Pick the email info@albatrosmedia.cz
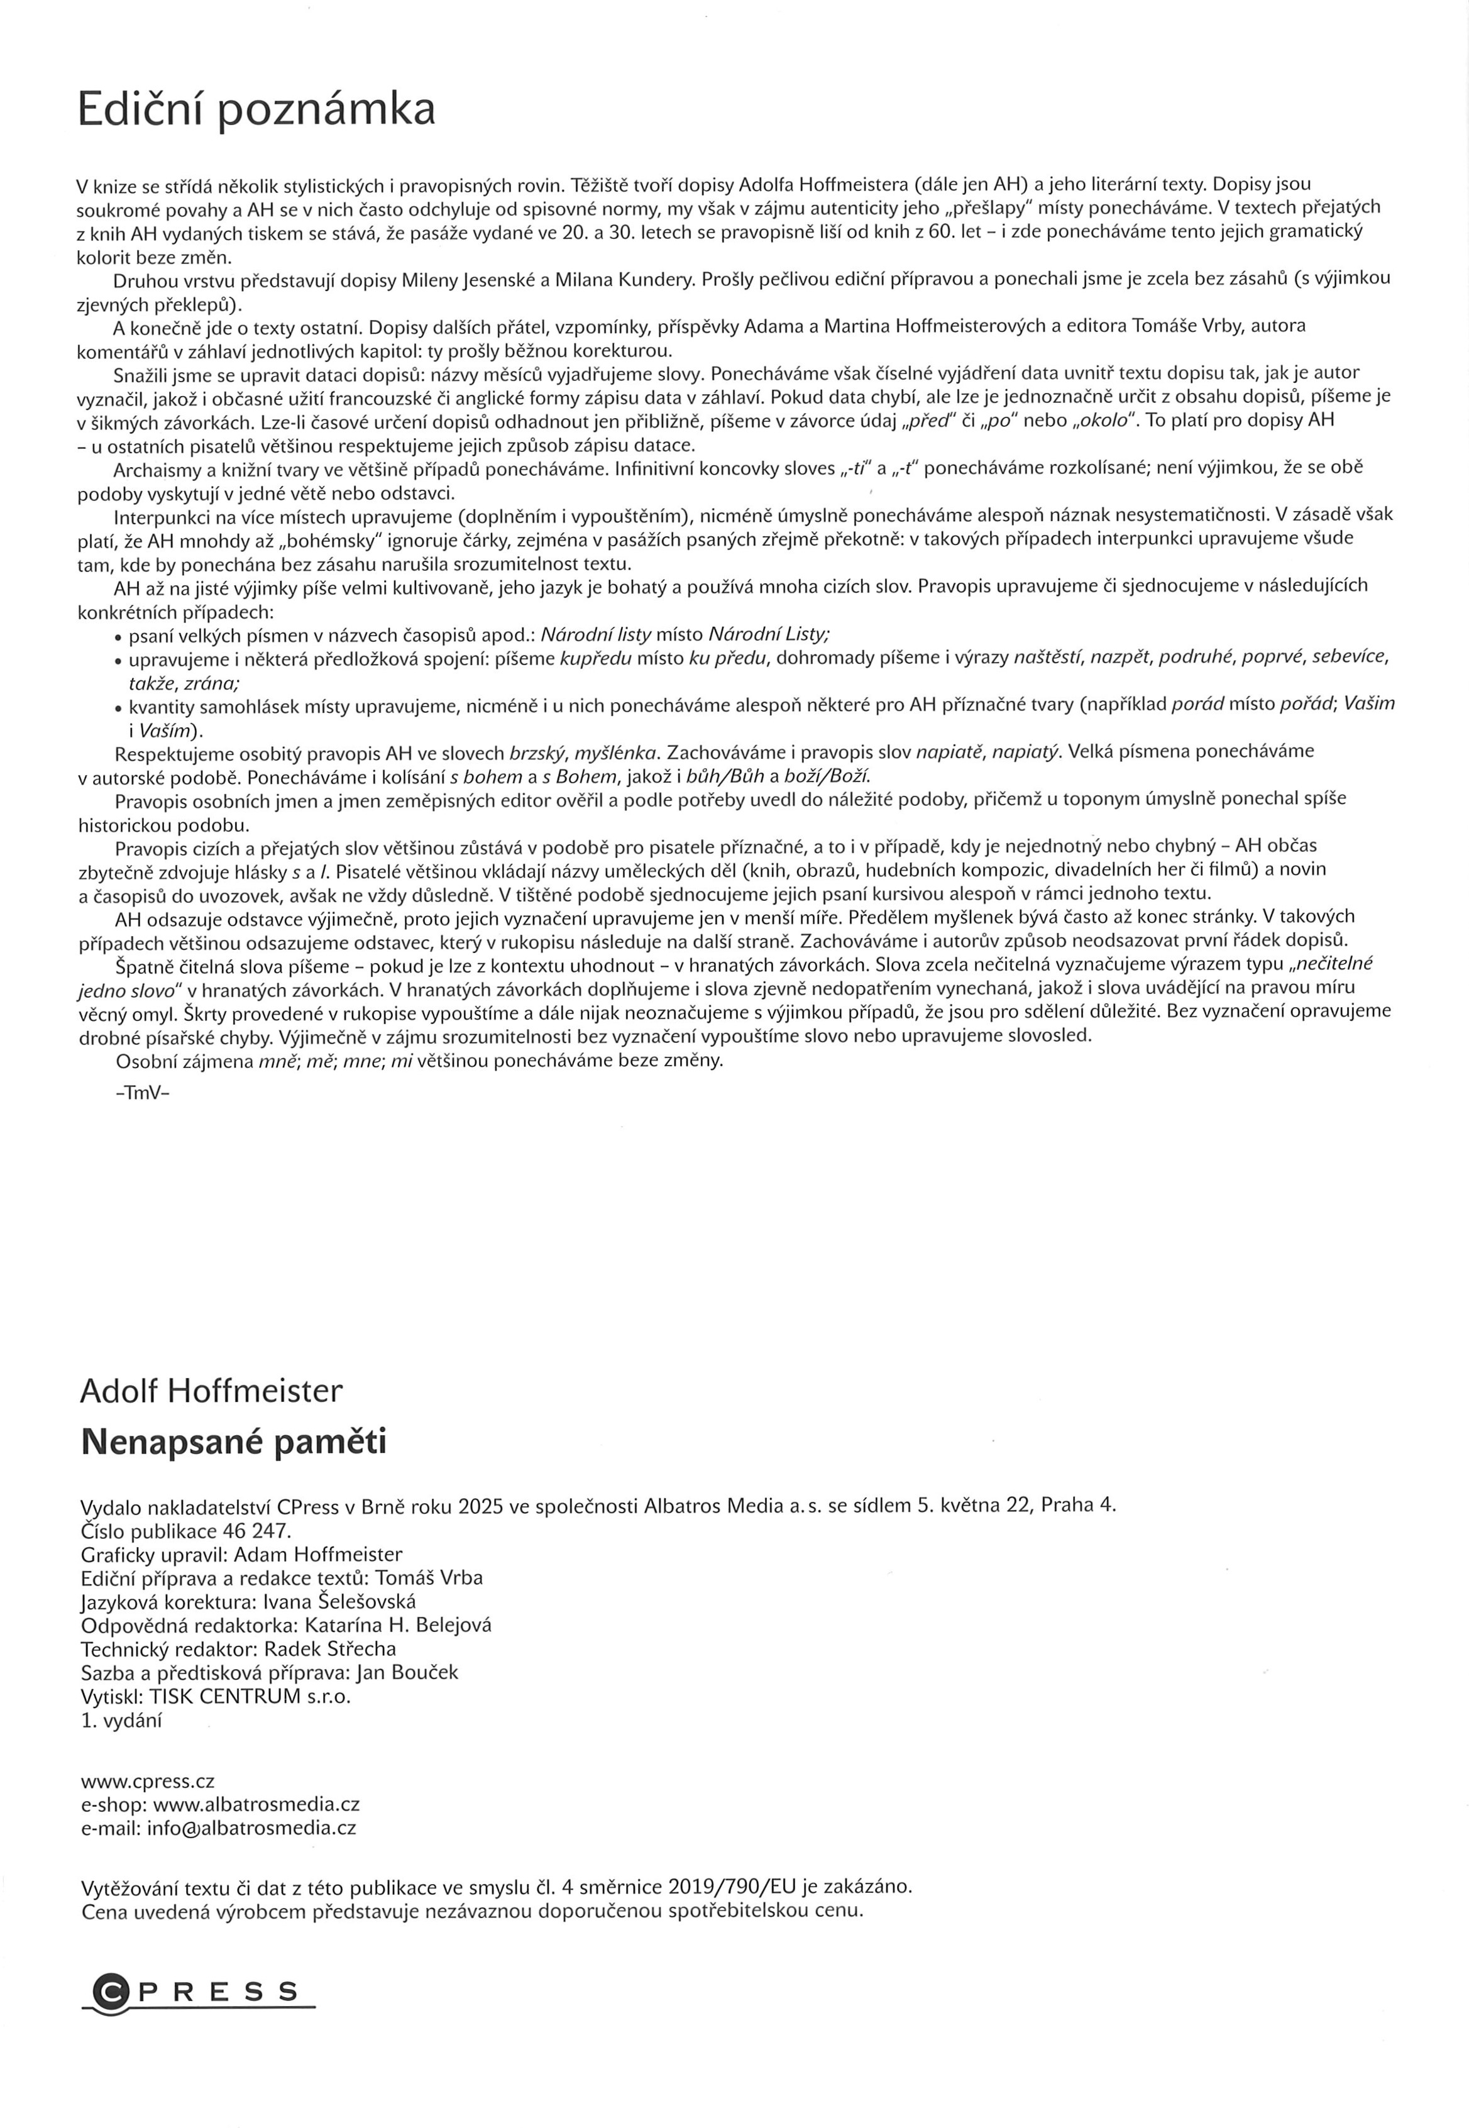click(x=251, y=1827)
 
